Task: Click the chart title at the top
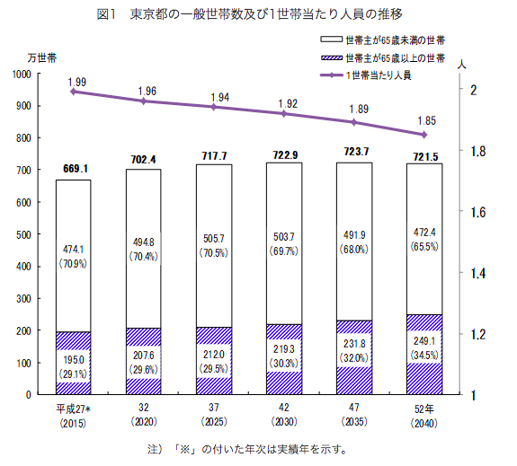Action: [258, 14]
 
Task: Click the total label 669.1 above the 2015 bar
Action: [73, 168]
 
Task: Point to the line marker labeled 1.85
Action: [423, 135]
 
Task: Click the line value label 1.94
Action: [213, 96]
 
